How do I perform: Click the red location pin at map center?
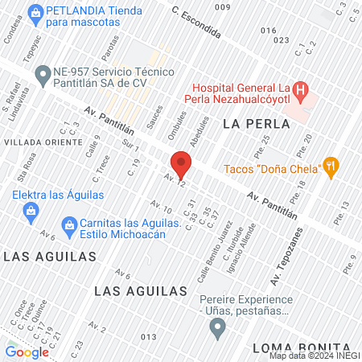(x=181, y=165)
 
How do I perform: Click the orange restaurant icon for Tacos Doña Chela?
(x=331, y=167)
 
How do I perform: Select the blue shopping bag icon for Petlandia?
(x=35, y=13)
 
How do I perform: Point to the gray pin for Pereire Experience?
(x=216, y=327)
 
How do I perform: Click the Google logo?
(x=27, y=351)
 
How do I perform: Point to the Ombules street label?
(x=175, y=123)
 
